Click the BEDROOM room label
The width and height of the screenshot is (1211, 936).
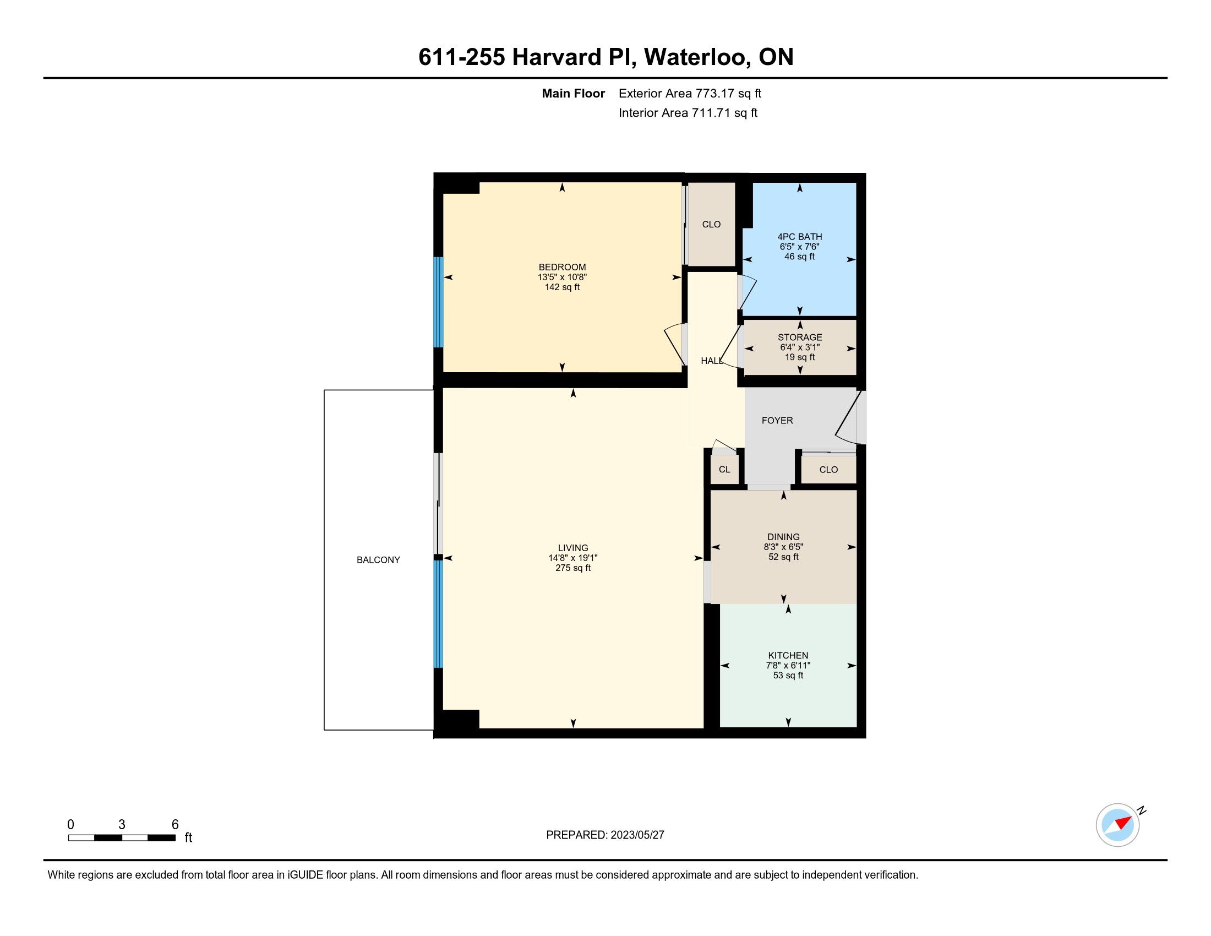562,267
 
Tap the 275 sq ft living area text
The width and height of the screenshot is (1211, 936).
573,568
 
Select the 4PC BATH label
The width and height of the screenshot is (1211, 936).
800,237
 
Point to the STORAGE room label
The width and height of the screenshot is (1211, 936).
800,337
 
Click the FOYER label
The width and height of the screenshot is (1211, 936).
777,420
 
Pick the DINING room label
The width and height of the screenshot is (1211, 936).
783,537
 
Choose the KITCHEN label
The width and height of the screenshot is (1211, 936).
788,655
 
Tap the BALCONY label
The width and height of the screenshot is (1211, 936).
378,560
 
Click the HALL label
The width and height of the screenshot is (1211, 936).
712,361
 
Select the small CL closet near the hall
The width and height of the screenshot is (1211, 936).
724,470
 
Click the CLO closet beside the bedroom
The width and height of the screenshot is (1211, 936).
711,225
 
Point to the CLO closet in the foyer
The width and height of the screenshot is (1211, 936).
828,470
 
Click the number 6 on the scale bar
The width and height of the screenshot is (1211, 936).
175,825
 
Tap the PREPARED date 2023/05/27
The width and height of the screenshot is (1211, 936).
637,835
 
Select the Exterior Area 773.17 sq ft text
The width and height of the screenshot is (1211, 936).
690,94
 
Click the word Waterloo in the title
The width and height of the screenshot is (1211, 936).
696,57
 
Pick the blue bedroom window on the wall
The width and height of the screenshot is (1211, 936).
439,302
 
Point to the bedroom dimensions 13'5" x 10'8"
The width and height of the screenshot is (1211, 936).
562,277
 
